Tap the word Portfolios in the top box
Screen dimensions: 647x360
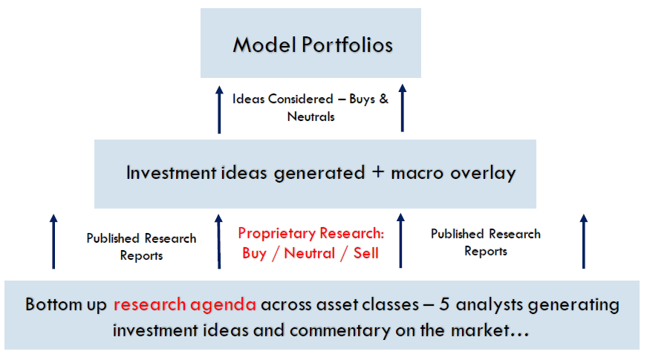[x=347, y=45]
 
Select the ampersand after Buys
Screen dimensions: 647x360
[x=384, y=99]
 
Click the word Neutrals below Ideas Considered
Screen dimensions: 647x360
[x=311, y=117]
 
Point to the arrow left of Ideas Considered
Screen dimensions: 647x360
[x=219, y=110]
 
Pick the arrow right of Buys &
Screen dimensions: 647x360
[x=403, y=108]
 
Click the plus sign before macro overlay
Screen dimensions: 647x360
[x=378, y=172]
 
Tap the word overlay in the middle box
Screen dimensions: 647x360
[x=483, y=173]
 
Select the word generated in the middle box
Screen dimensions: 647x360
[x=319, y=173]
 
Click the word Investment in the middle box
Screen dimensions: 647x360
[x=171, y=172]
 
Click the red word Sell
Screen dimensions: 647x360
[x=366, y=253]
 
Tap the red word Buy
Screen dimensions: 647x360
[x=254, y=254]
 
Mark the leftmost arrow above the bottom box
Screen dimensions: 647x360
[x=53, y=242]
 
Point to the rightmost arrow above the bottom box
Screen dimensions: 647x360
[x=583, y=241]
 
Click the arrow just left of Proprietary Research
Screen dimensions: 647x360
[x=218, y=242]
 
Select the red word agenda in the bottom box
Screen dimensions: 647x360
[x=224, y=305]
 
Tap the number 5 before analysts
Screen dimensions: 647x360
[x=444, y=304]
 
